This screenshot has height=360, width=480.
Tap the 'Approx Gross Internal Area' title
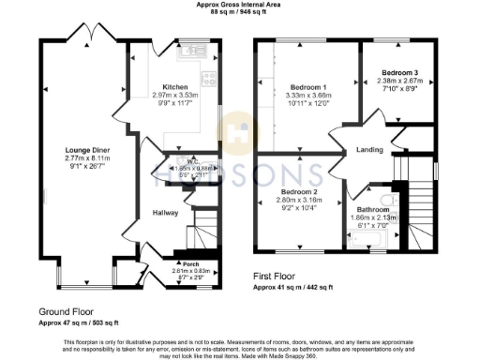coord(241,5)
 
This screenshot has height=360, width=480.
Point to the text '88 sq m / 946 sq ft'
coord(241,13)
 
